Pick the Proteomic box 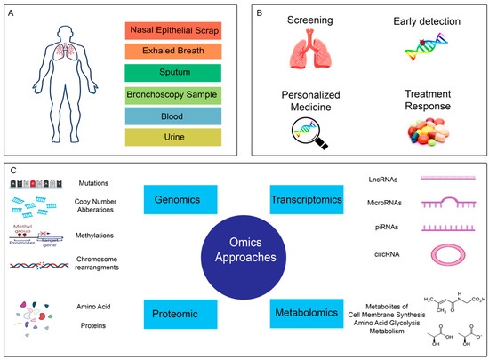[175, 313]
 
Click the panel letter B [262, 14]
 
